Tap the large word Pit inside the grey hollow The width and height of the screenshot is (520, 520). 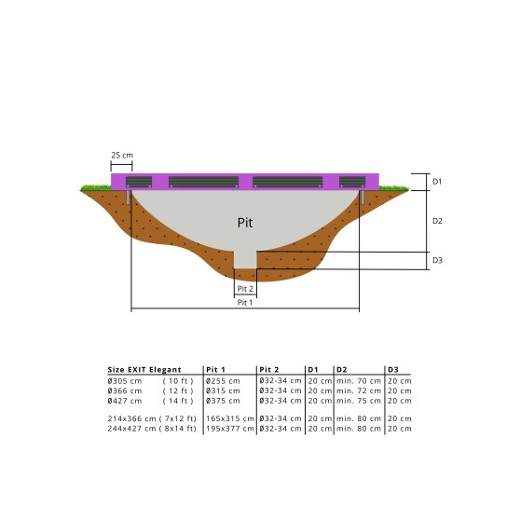245,224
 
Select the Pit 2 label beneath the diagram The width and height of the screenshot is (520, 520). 245,289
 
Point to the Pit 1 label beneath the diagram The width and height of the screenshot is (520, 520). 245,303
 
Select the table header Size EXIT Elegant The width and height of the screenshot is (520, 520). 145,370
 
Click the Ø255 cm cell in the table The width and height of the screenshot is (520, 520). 222,381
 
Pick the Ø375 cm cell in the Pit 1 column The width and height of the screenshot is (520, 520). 222,401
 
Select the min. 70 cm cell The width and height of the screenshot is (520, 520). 358,381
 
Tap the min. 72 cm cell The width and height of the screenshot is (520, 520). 358,391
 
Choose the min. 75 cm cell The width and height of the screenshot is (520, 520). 358,401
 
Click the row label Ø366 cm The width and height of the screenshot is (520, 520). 125,391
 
